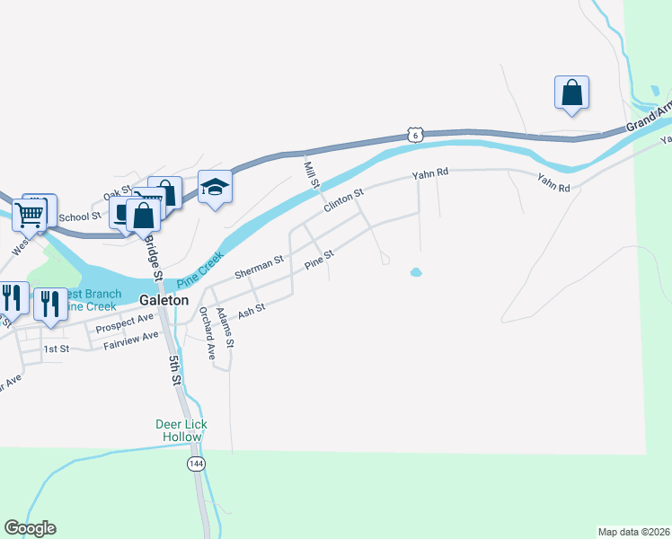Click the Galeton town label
pos(164,301)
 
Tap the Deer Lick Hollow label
pos(182,430)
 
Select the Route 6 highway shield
pos(413,134)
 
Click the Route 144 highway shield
pos(195,464)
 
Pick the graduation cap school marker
pos(215,187)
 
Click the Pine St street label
pos(319,259)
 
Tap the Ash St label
pos(252,310)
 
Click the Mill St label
pos(312,171)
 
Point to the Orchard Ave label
pos(208,332)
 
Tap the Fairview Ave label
pos(130,340)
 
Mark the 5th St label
pos(176,369)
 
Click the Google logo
pos(30,528)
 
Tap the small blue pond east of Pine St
pos(416,272)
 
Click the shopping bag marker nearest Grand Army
pos(571,93)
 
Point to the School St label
pos(80,217)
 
